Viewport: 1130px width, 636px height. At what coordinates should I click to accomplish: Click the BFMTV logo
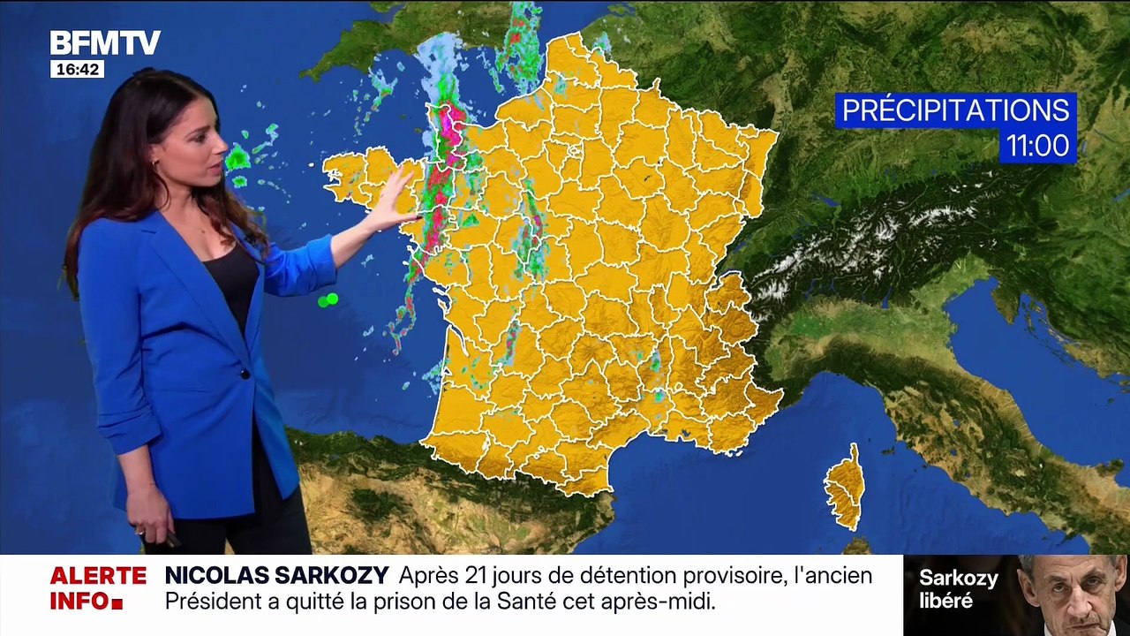(x=104, y=42)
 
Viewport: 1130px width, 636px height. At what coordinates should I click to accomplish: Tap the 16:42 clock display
(x=77, y=69)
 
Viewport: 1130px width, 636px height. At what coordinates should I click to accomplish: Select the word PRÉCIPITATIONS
(x=955, y=110)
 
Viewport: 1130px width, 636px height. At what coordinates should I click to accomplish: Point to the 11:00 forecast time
(x=1037, y=145)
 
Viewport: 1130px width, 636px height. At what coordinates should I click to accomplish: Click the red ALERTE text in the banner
(x=98, y=576)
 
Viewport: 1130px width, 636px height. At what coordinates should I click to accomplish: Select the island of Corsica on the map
(x=845, y=487)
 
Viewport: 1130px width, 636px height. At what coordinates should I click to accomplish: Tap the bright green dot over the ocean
(x=328, y=300)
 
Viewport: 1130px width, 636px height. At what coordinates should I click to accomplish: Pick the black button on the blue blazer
(x=245, y=375)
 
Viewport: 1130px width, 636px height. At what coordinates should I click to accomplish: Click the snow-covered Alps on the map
(x=865, y=238)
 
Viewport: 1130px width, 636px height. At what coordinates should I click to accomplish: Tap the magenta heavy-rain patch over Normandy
(x=451, y=124)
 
